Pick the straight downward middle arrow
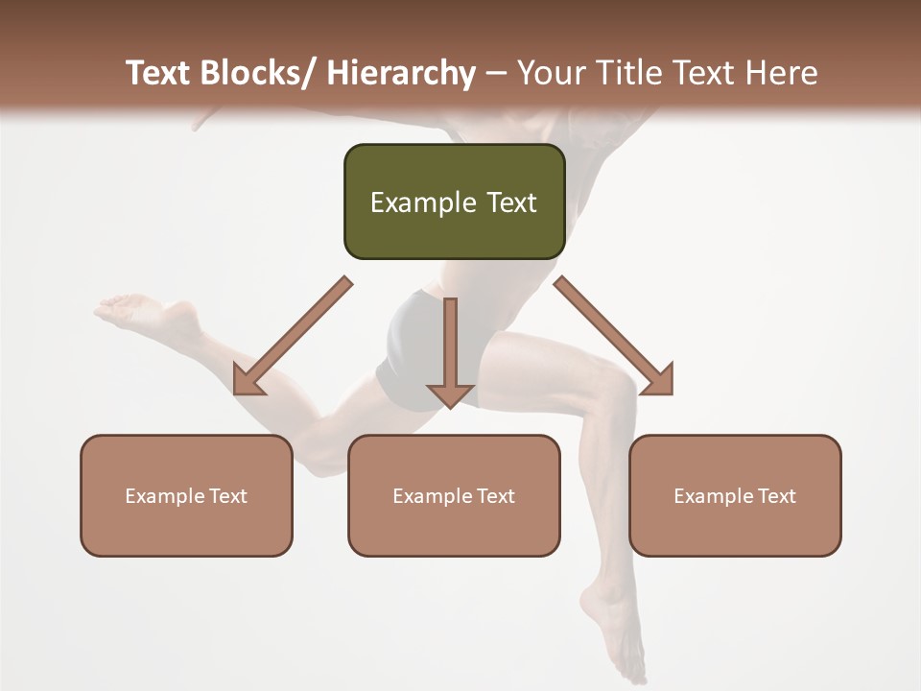pyautogui.click(x=450, y=355)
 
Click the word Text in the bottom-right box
pyautogui.click(x=775, y=496)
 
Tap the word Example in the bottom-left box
pyautogui.click(x=165, y=496)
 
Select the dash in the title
pyautogui.click(x=496, y=73)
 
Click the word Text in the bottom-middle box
pyautogui.click(x=494, y=496)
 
